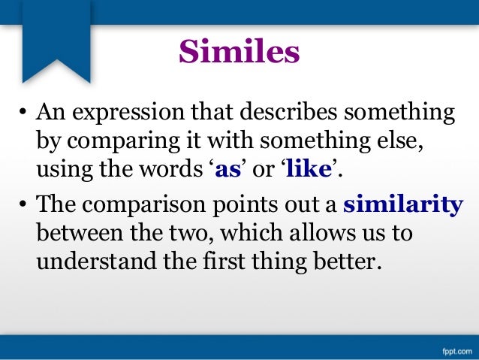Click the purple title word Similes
coord(239,52)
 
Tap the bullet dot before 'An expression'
coord(23,115)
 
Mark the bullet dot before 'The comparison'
coord(23,204)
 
